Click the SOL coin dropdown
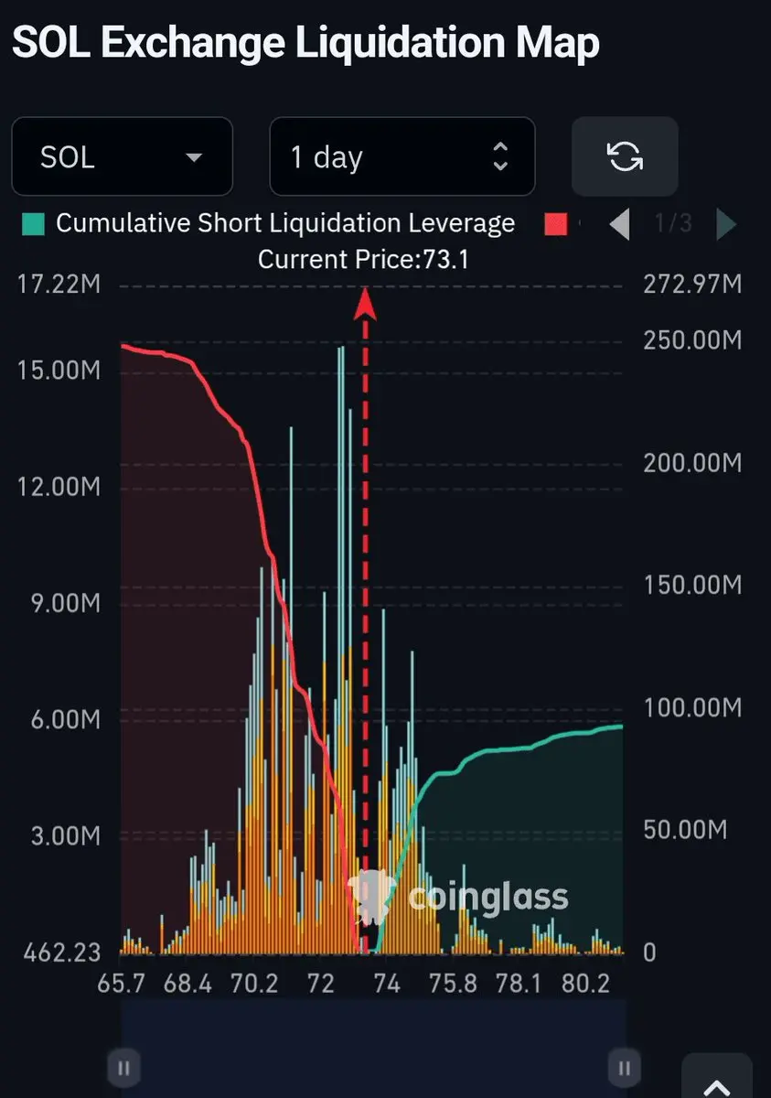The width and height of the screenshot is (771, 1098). tap(122, 156)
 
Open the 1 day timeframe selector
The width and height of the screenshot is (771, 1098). tap(402, 156)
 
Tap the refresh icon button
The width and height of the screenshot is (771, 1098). tap(625, 156)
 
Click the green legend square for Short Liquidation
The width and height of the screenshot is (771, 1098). tap(33, 224)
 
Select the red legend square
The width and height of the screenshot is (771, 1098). tap(556, 224)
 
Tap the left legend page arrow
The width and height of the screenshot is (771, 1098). tap(620, 224)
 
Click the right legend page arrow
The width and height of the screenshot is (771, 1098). tap(726, 224)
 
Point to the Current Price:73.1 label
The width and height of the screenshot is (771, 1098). tap(363, 259)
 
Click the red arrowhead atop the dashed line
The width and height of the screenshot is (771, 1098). tap(365, 304)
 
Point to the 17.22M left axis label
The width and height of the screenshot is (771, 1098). tap(59, 285)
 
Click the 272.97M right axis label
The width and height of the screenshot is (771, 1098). tap(692, 285)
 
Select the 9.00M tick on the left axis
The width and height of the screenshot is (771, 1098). tap(66, 603)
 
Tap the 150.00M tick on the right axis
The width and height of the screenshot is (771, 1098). tap(692, 585)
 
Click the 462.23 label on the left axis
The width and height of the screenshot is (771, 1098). tap(61, 953)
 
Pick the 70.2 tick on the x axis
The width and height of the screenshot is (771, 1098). tap(254, 984)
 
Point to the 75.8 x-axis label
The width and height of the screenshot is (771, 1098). tap(453, 984)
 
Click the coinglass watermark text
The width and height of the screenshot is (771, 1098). tap(488, 898)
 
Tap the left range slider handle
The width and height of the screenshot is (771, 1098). tap(124, 1068)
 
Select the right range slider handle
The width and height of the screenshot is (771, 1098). tap(625, 1068)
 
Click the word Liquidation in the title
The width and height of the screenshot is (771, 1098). tap(401, 43)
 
